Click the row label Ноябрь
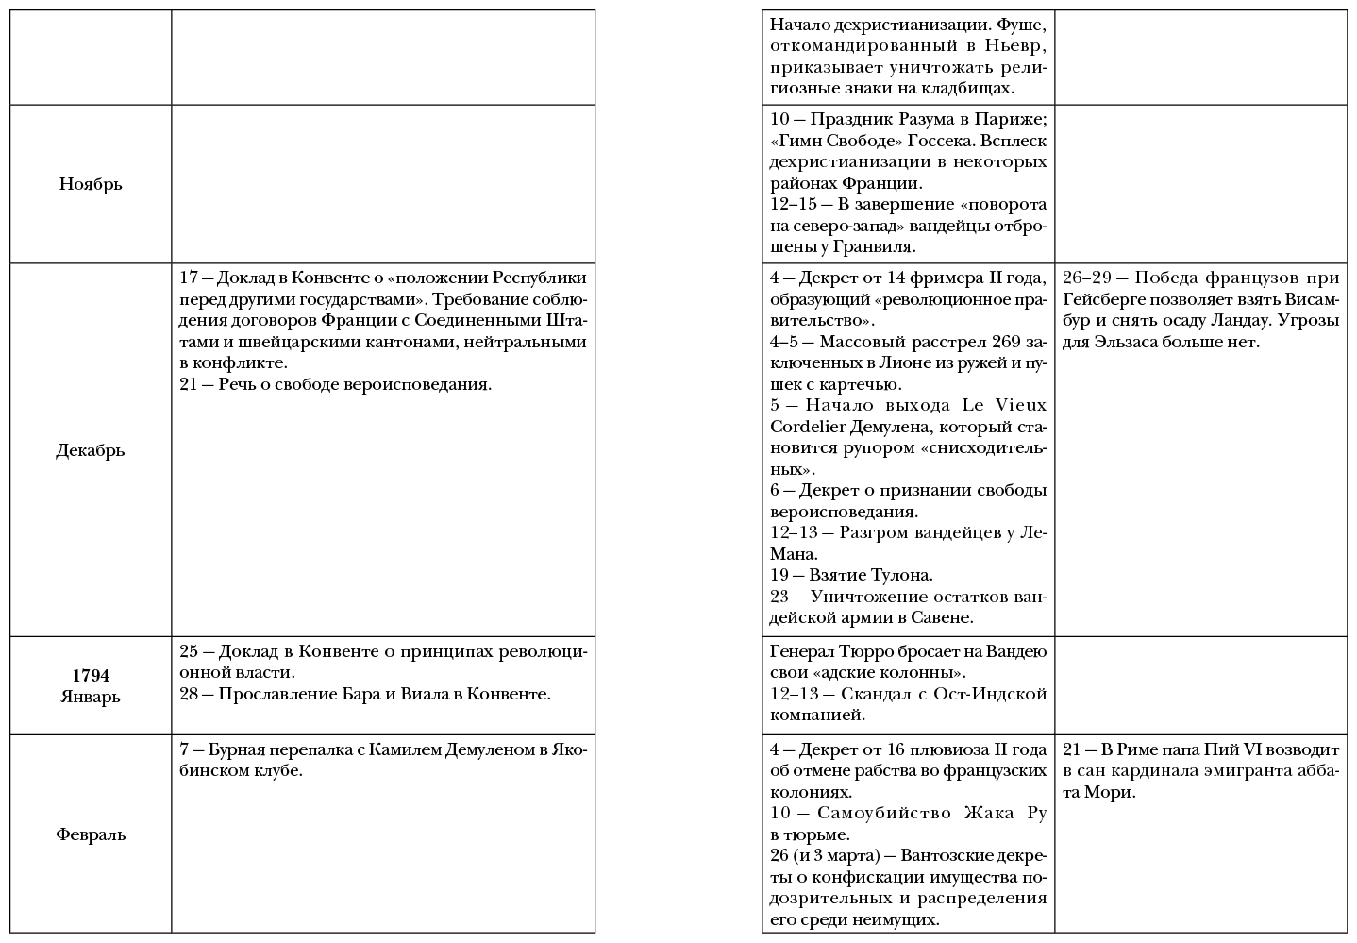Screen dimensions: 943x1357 click(x=91, y=184)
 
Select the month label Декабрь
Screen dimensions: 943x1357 click(x=91, y=450)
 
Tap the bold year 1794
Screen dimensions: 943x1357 click(x=91, y=676)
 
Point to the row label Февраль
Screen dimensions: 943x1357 click(x=91, y=834)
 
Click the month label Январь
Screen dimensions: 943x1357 click(x=91, y=698)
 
